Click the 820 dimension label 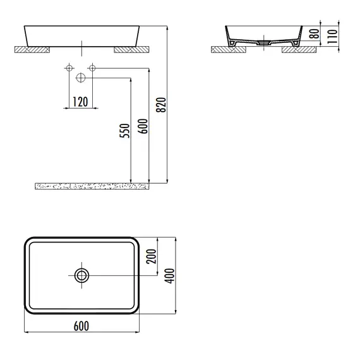(161, 105)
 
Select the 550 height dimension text (124, 131)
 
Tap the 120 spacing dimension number (80, 102)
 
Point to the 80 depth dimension (315, 33)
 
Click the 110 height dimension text (332, 36)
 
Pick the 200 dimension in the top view (152, 256)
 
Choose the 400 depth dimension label (171, 276)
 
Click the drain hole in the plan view (81, 275)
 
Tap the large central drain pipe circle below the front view (81, 78)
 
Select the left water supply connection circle (69, 68)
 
